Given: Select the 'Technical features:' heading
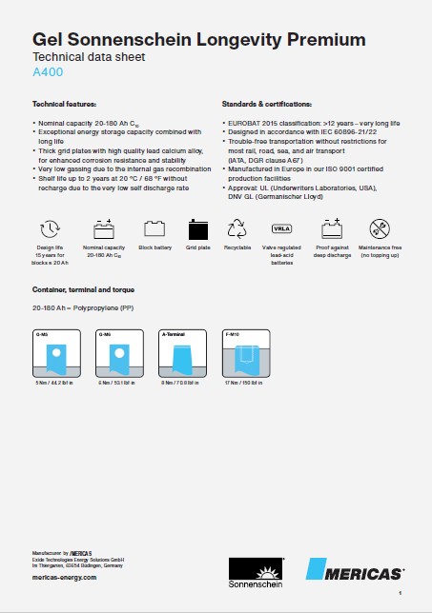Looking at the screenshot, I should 64,103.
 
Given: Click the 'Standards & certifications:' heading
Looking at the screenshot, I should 267,103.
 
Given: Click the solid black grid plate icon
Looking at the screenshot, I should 198,228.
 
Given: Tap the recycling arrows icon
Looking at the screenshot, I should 237,228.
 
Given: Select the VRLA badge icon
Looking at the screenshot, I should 283,228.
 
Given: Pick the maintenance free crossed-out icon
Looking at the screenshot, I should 381,228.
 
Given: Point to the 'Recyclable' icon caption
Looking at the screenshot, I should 237,247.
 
